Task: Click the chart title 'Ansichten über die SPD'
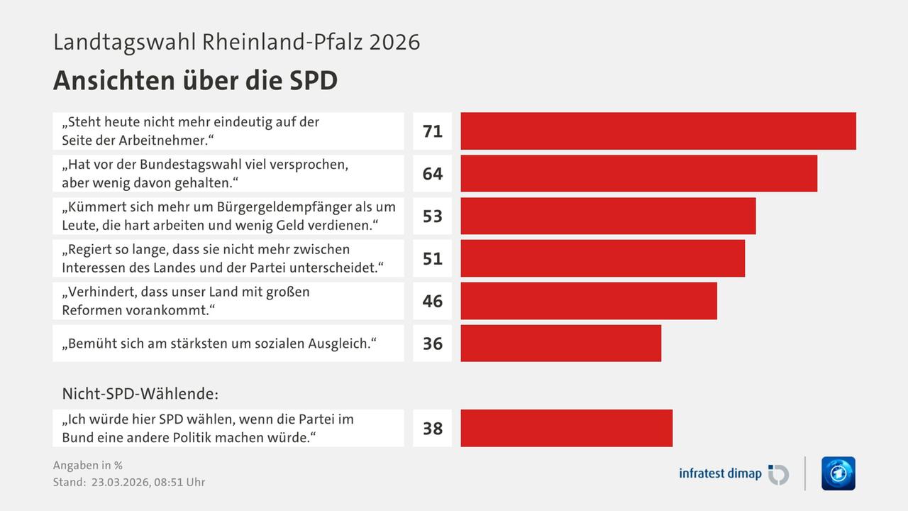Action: pos(195,81)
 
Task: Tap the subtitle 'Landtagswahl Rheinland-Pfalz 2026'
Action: pos(236,42)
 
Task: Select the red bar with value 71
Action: pos(658,131)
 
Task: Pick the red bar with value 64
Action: pos(638,173)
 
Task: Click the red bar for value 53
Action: pos(608,216)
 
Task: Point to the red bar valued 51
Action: pos(602,258)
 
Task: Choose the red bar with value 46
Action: pos(588,301)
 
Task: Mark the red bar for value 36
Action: pos(560,344)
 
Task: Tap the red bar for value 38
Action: pos(566,428)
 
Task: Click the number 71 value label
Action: pos(432,131)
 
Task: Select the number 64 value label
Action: pos(432,174)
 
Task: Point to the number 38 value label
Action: pos(432,429)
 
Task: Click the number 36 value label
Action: pos(432,344)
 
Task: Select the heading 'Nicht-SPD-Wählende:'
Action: pos(140,392)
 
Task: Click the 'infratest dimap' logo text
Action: pos(720,473)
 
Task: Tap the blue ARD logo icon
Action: pos(838,473)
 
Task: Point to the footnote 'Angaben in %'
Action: pos(88,466)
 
